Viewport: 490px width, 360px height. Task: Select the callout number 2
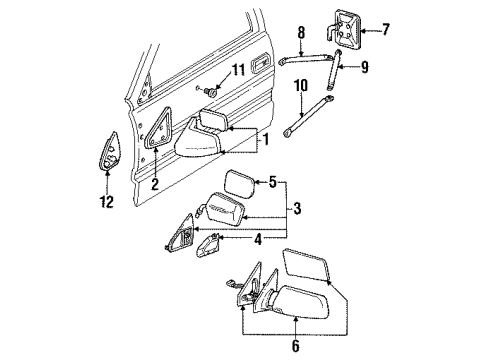pyautogui.click(x=154, y=184)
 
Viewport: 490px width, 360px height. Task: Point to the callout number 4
pyautogui.click(x=261, y=266)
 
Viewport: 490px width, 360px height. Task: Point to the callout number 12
pyautogui.click(x=107, y=204)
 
